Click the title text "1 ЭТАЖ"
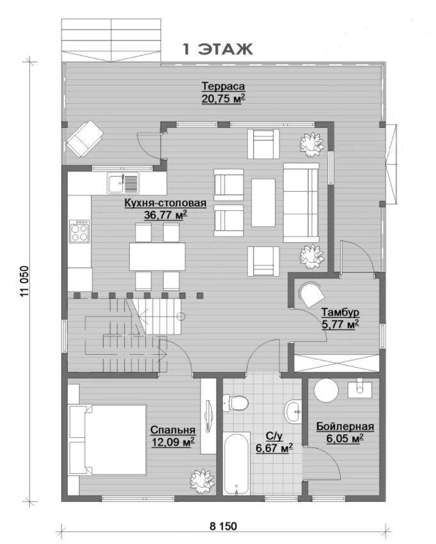(x=217, y=50)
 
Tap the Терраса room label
(x=223, y=86)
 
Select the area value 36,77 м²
(x=166, y=215)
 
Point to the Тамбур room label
(x=340, y=312)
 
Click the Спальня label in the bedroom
(x=173, y=430)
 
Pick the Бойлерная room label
(x=345, y=426)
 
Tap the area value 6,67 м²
(x=274, y=448)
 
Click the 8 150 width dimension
(x=223, y=526)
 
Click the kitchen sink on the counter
(x=123, y=183)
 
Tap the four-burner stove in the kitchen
(x=79, y=231)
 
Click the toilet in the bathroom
(x=235, y=403)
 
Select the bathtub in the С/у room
(x=237, y=464)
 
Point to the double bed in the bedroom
(x=107, y=439)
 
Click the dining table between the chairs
(x=157, y=257)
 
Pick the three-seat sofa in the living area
(x=301, y=203)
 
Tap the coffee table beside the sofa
(x=263, y=203)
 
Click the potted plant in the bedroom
(x=201, y=481)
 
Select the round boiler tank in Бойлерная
(x=326, y=390)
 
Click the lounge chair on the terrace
(x=85, y=139)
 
